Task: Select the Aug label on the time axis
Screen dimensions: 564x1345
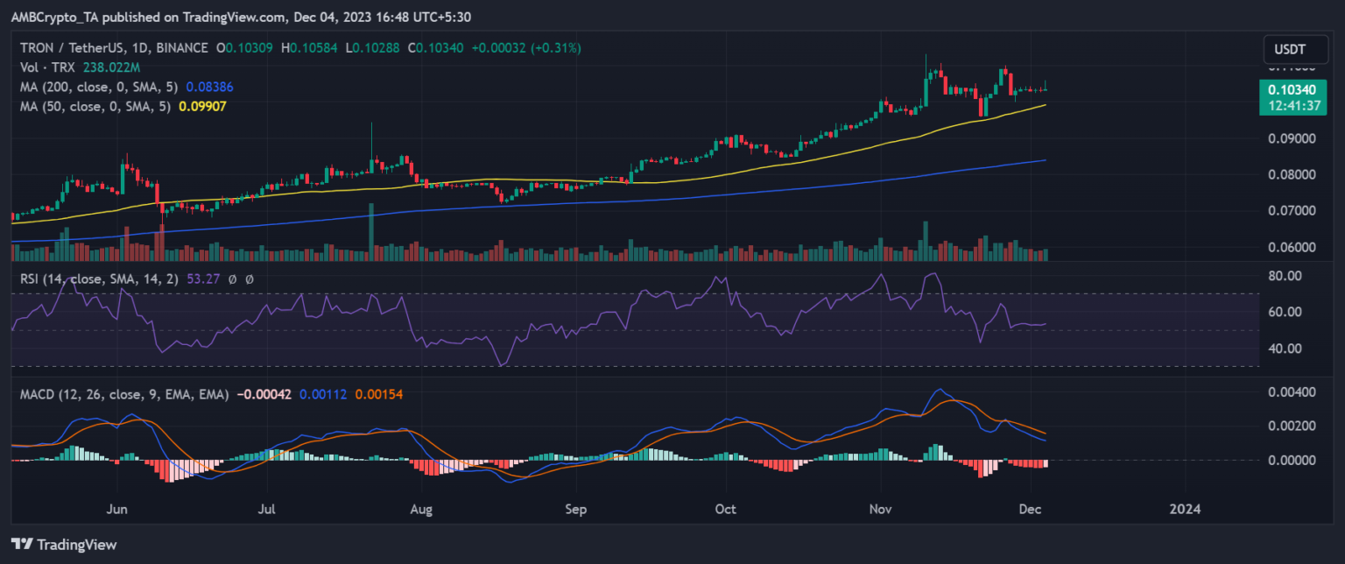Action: (x=422, y=509)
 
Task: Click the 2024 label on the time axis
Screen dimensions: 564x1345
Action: (x=1187, y=509)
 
